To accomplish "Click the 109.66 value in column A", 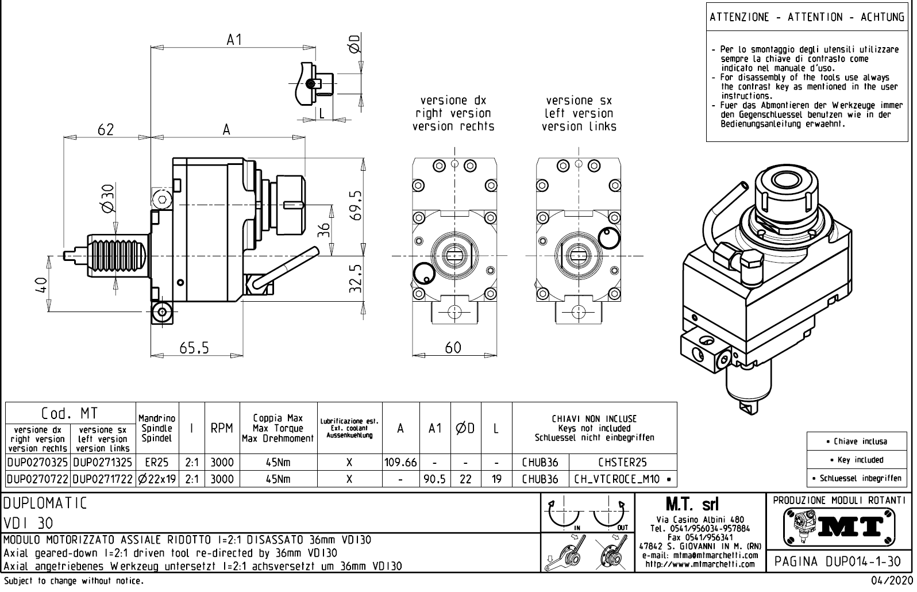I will point(400,462).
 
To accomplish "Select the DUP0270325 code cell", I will point(37,462).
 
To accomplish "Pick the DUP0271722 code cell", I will point(103,479).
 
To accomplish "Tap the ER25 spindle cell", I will point(156,462).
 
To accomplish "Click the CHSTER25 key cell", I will point(622,462).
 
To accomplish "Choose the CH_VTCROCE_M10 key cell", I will point(622,479).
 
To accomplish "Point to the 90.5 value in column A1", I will point(435,479).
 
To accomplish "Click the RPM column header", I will point(222,428).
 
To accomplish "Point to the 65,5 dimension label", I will point(194,348).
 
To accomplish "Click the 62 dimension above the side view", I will point(106,130).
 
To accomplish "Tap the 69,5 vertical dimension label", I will point(356,206).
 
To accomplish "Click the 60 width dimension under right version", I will point(453,348).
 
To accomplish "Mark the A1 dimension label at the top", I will point(234,40).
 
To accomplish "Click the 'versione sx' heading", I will point(579,101).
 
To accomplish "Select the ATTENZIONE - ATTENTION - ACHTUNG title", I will point(807,17).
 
